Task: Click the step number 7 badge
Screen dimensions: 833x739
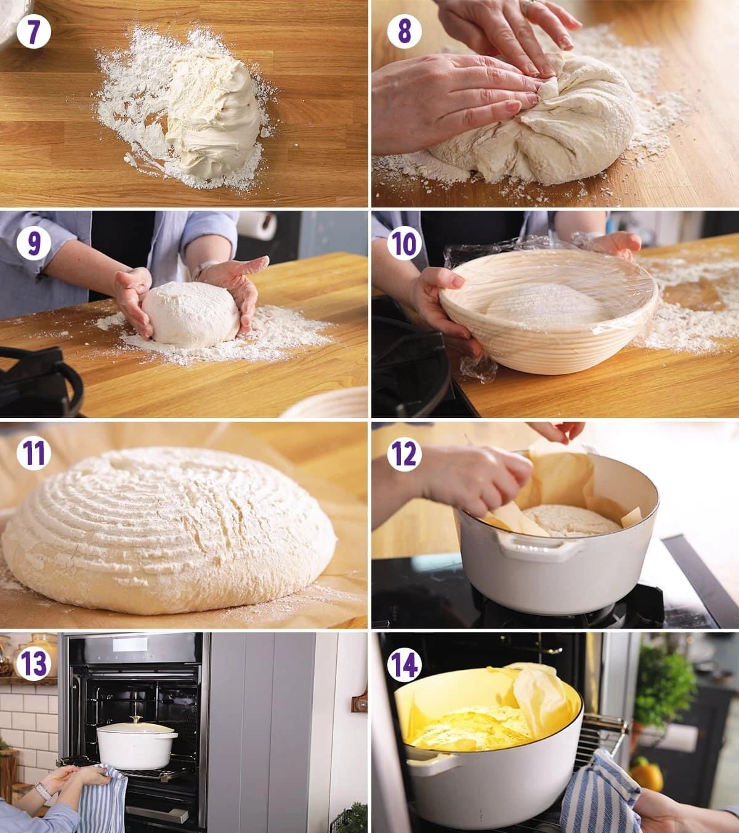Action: click(33, 32)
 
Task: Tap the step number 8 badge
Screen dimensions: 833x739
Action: click(404, 32)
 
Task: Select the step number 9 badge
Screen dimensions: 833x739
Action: click(33, 243)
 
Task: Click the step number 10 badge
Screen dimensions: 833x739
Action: click(404, 243)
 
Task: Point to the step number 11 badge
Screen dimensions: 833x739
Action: click(33, 454)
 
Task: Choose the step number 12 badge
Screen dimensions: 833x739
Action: click(404, 454)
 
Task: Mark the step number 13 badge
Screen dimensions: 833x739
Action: click(33, 664)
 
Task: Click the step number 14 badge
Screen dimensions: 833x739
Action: click(404, 664)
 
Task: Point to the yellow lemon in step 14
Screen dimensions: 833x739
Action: click(647, 777)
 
